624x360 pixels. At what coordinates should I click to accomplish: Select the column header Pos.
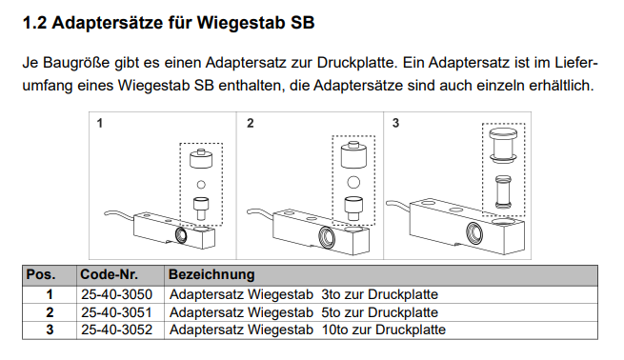pos(40,274)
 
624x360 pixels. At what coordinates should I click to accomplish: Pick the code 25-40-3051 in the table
pos(116,311)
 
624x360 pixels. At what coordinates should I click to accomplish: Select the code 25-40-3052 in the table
pos(116,330)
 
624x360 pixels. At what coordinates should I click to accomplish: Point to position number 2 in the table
pos(49,311)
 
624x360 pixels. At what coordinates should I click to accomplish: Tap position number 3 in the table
pos(49,330)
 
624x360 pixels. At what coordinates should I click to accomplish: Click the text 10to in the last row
pos(337,330)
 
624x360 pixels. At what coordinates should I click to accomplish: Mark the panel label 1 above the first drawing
pos(100,123)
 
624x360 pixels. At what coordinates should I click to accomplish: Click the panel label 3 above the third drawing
pos(395,123)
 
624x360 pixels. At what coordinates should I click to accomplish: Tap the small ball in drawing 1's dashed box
pos(200,184)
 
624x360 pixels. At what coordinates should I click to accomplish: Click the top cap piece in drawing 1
pos(200,157)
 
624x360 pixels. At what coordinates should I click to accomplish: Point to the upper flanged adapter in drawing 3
pos(502,142)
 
